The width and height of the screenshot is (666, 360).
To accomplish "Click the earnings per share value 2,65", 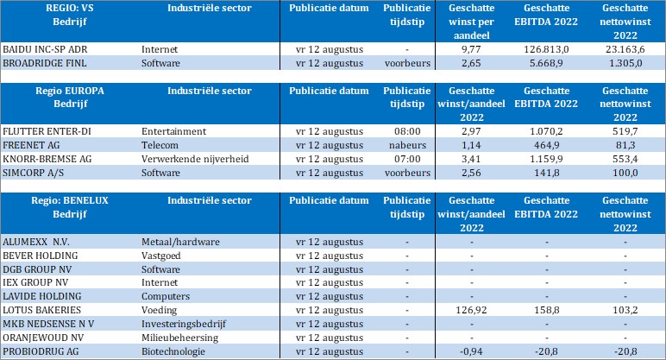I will click(471, 63).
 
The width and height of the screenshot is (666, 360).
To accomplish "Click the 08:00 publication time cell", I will click(399, 130).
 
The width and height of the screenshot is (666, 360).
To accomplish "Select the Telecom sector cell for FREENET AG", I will click(160, 144).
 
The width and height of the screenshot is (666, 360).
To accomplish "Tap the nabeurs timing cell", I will click(399, 144).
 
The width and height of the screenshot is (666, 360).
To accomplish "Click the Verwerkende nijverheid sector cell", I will click(191, 158).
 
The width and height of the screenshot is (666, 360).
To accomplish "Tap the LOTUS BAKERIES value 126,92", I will click(471, 309).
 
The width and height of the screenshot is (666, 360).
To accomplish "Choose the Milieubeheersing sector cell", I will click(177, 337).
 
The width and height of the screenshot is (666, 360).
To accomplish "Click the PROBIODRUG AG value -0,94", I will click(471, 351).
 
